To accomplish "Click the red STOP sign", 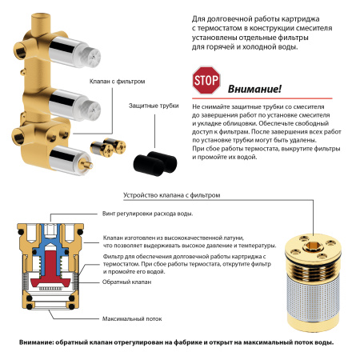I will pos(204,81).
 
